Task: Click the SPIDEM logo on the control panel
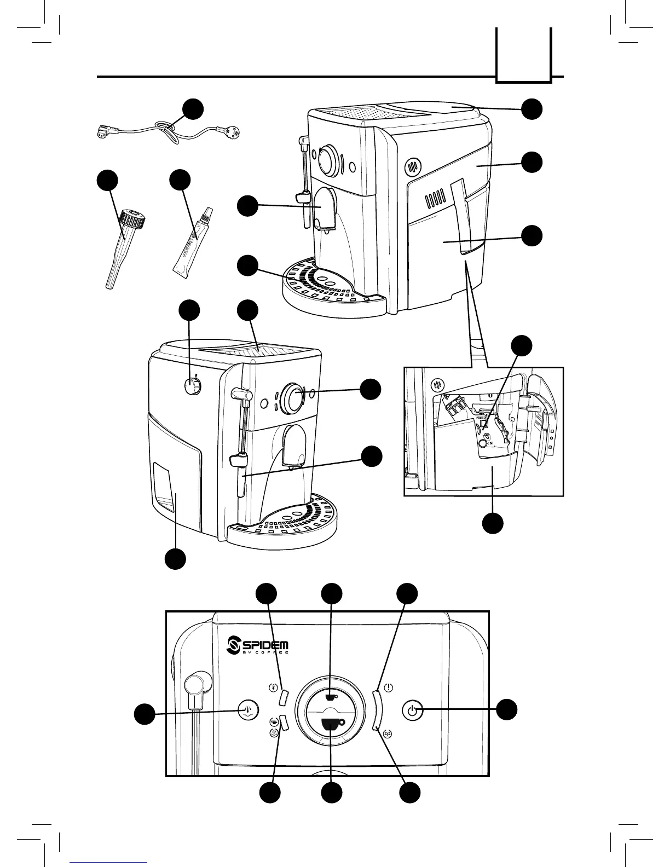click(257, 644)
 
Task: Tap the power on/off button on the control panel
click(412, 711)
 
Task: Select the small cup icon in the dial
click(330, 697)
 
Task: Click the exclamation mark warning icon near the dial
click(388, 687)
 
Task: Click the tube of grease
click(189, 245)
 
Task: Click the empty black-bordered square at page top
click(523, 55)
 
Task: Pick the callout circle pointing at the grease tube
click(180, 181)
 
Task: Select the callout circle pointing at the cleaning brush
click(107, 181)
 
